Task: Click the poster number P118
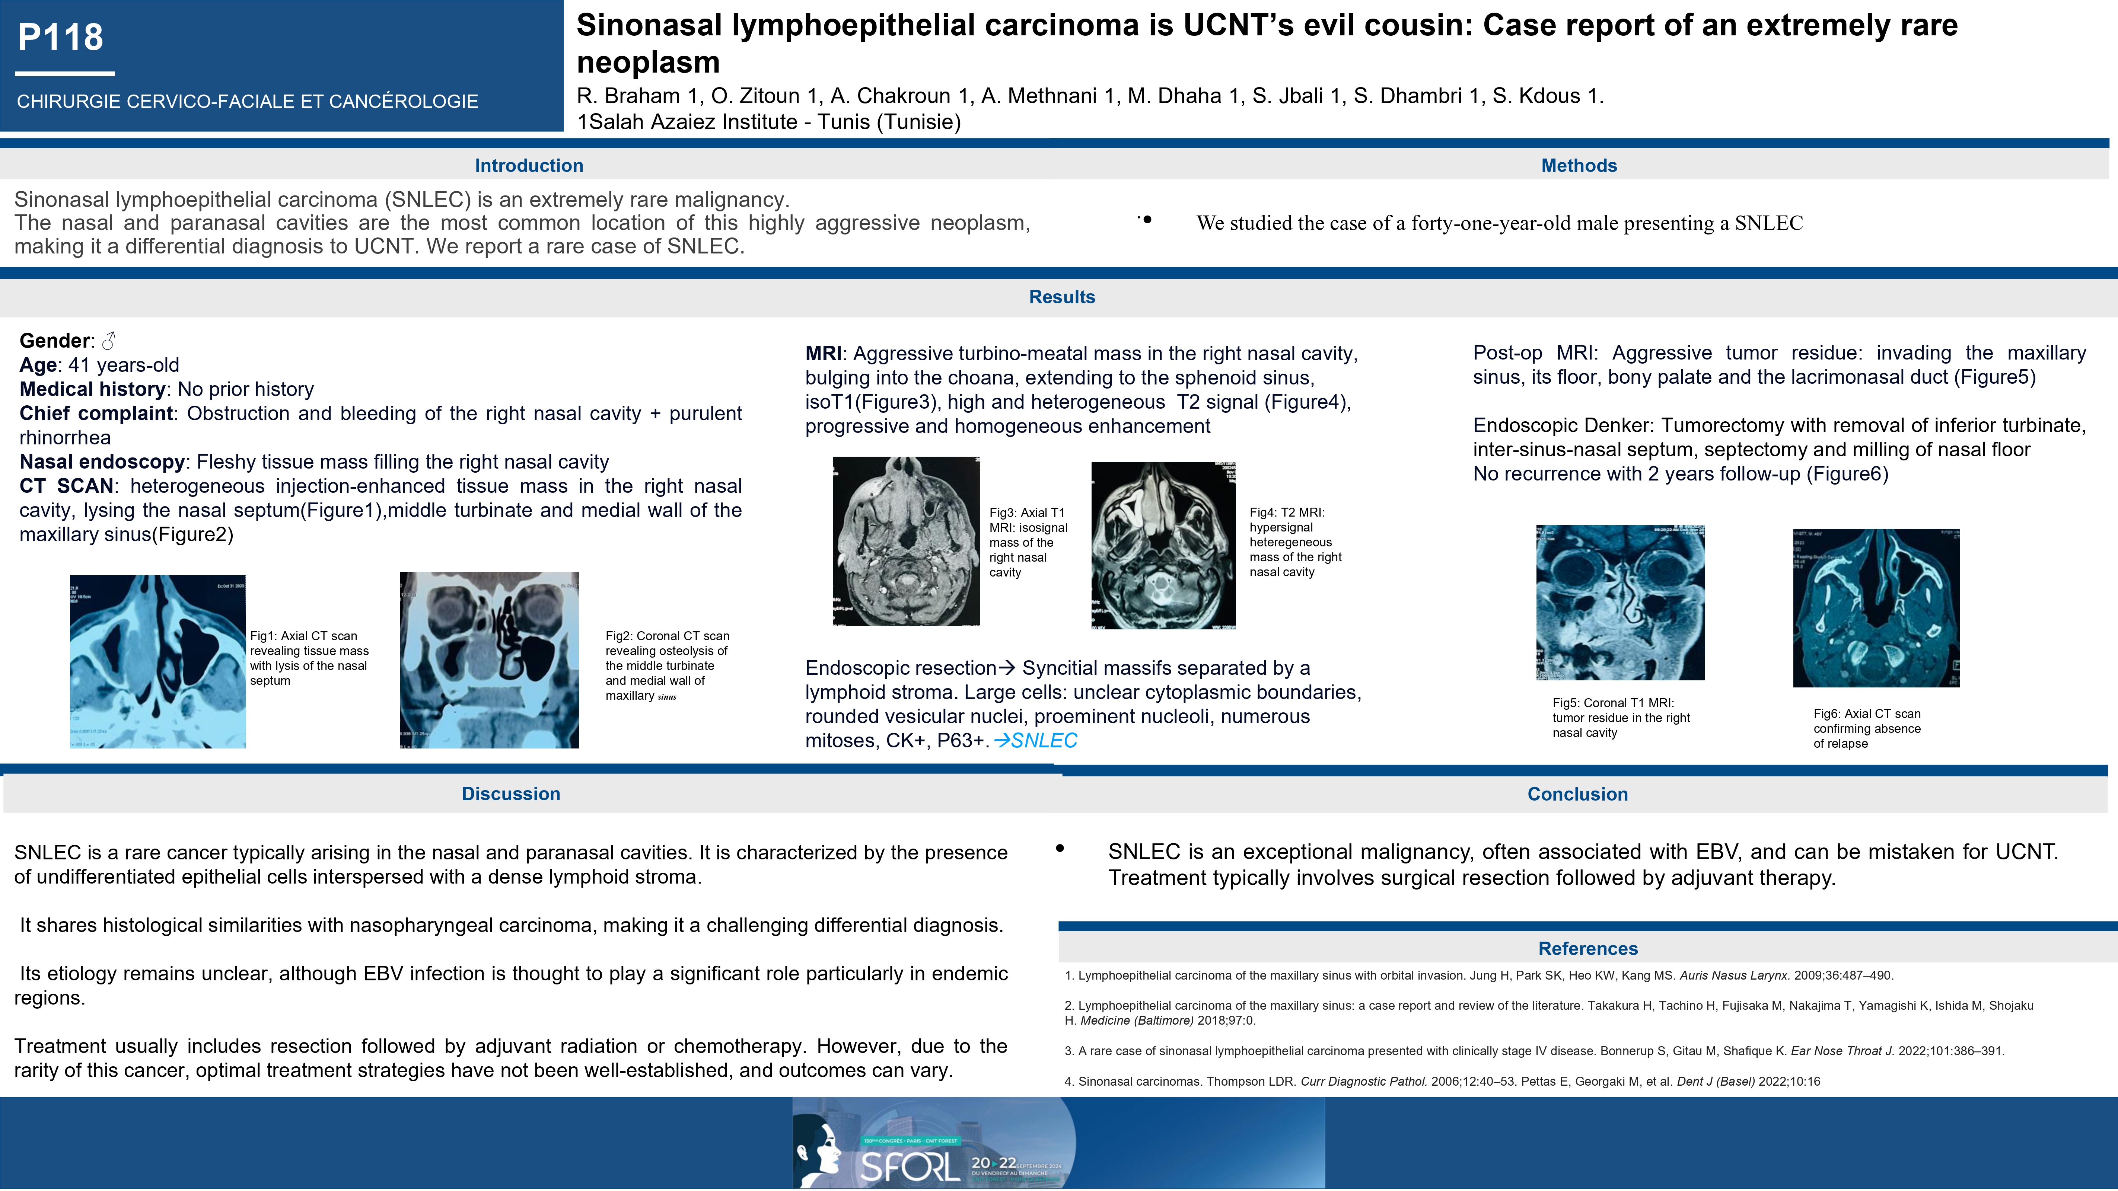[61, 37]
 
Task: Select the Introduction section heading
[529, 165]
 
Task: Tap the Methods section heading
[1579, 165]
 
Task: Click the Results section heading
[1061, 297]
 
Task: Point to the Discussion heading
[510, 793]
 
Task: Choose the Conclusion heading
[1577, 793]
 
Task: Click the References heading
[1588, 948]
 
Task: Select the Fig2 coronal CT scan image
[489, 660]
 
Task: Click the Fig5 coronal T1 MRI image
[1620, 603]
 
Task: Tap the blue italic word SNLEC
[1044, 741]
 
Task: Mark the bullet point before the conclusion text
[1060, 848]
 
